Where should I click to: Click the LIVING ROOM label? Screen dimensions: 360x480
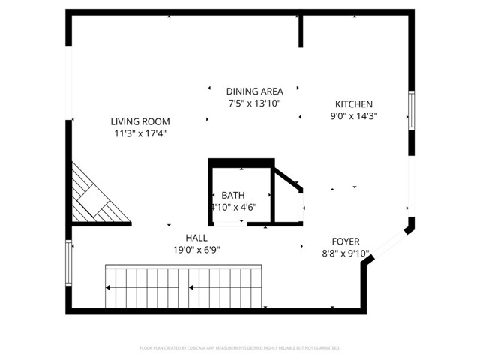pyautogui.click(x=140, y=121)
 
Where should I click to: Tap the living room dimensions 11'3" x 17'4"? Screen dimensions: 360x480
pyautogui.click(x=140, y=134)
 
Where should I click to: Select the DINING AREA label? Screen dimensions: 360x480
pyautogui.click(x=253, y=91)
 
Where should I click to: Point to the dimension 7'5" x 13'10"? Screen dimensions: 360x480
pyautogui.click(x=253, y=104)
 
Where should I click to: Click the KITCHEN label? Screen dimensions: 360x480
pyautogui.click(x=353, y=104)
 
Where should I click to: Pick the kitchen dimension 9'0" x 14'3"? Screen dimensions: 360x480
pyautogui.click(x=353, y=117)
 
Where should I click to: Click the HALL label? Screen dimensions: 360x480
pyautogui.click(x=196, y=237)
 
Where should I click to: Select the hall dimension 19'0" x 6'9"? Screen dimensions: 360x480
pyautogui.click(x=196, y=250)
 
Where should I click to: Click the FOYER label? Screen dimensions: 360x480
pyautogui.click(x=346, y=241)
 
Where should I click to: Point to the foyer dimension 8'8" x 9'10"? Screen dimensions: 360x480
pyautogui.click(x=346, y=254)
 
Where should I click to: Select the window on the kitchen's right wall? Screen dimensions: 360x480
pyautogui.click(x=411, y=111)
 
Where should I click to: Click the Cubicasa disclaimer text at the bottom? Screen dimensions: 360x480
pyautogui.click(x=240, y=348)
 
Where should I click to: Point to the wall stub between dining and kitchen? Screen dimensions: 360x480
pyautogui.click(x=301, y=30)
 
